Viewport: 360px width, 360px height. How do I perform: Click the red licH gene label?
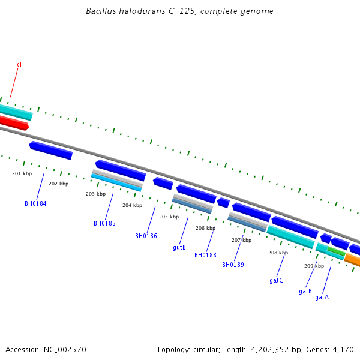tap(19, 64)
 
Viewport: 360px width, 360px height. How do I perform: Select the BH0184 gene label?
tap(35, 203)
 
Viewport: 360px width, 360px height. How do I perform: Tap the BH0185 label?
tap(104, 223)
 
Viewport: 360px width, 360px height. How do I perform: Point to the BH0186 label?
tap(146, 236)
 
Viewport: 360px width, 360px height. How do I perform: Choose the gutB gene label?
tap(179, 247)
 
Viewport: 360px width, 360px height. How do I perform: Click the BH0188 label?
tap(205, 255)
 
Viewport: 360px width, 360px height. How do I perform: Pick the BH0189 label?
tap(233, 265)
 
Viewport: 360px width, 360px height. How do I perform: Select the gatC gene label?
tap(276, 280)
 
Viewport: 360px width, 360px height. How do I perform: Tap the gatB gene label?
tap(305, 291)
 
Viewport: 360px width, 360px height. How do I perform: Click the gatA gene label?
tap(322, 297)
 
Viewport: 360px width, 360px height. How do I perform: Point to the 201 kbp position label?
tap(22, 173)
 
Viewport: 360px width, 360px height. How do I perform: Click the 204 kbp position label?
tap(132, 205)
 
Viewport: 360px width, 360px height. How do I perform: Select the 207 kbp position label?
tap(241, 240)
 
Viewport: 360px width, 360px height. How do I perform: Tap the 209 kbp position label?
tap(314, 266)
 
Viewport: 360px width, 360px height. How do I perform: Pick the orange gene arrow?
tap(352, 260)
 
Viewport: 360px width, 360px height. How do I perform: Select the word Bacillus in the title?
tap(101, 11)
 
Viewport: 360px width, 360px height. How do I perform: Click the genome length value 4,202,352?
tap(271, 349)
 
